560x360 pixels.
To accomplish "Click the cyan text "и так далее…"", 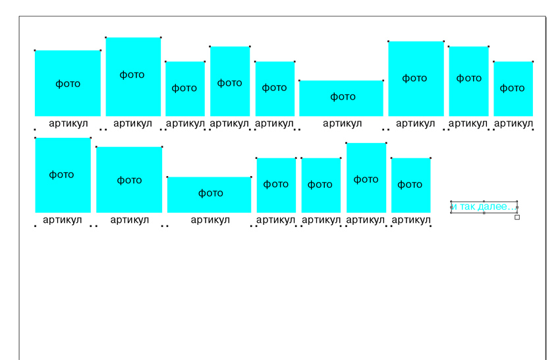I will [x=484, y=207].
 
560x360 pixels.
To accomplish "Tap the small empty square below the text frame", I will [x=517, y=217].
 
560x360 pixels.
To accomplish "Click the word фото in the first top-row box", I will [x=68, y=84].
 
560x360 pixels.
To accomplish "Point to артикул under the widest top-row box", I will [x=342, y=123].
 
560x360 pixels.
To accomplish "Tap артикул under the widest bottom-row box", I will [x=210, y=220].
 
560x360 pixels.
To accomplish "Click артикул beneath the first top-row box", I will [x=68, y=123].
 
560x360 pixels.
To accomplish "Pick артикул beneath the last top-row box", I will [x=513, y=123].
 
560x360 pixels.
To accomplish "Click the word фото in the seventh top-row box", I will [x=414, y=78].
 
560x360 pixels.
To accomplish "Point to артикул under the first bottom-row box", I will [x=63, y=220].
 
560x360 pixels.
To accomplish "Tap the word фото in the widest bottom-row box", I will [x=211, y=193].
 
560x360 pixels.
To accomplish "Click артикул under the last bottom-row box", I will [x=410, y=220].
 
